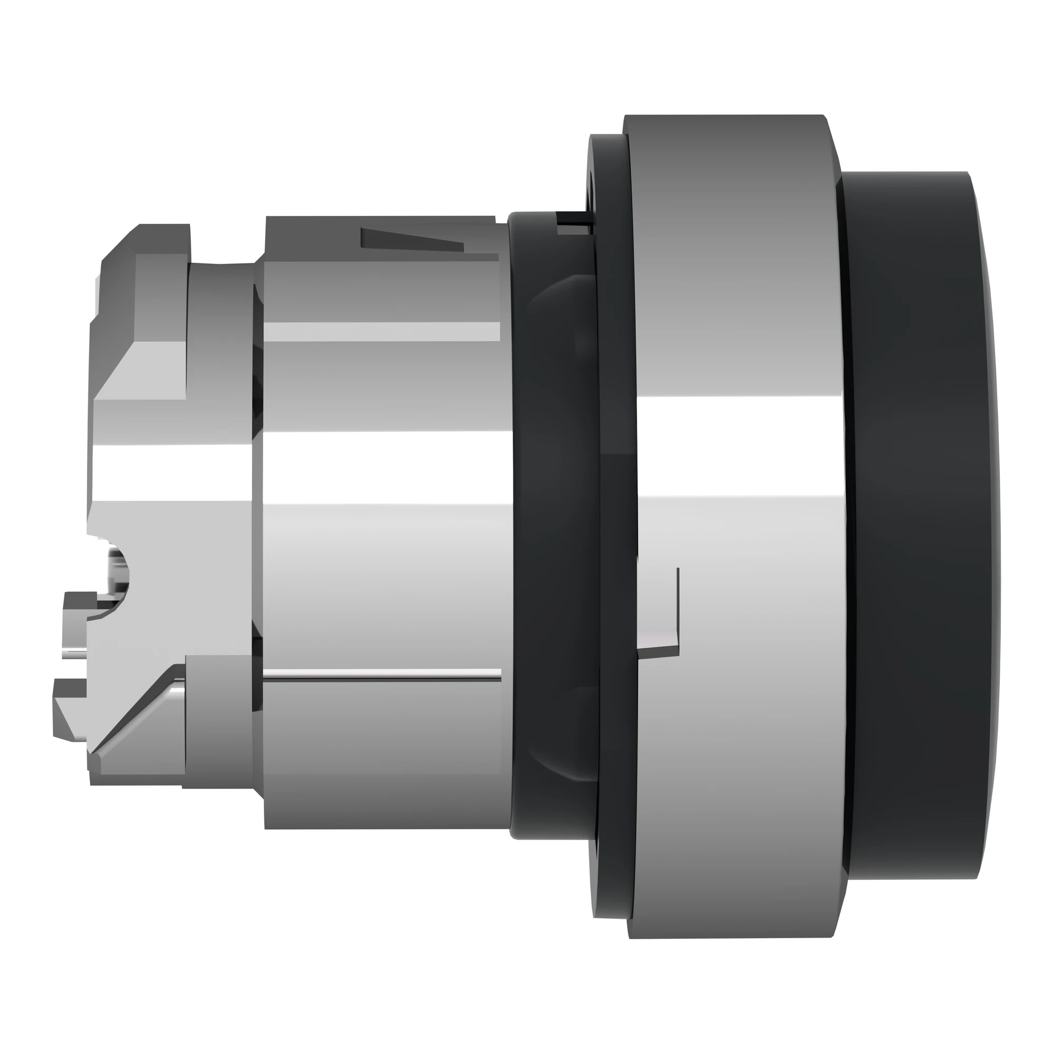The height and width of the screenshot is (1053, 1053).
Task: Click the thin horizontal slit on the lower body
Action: click(x=382, y=678)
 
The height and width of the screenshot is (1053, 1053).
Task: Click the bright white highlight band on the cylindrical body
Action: click(x=382, y=469)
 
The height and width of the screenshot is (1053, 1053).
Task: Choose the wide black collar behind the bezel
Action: click(x=551, y=523)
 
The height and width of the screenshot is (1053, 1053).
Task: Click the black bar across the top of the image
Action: click(x=526, y=33)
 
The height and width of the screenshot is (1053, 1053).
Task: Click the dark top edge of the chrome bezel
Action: click(x=725, y=131)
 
